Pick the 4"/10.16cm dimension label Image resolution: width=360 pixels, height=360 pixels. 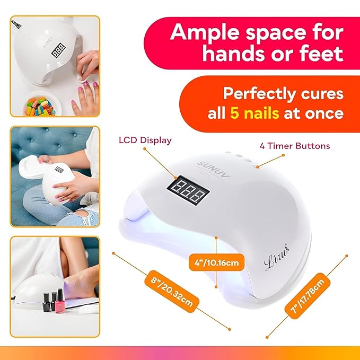click(216, 261)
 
